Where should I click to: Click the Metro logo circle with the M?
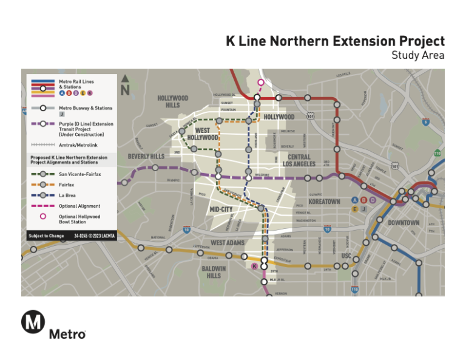[33, 322]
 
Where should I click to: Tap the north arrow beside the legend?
[126, 86]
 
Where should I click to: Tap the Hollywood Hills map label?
[173, 101]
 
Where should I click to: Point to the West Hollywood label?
[206, 134]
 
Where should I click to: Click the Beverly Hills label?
[146, 157]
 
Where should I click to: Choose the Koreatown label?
[324, 201]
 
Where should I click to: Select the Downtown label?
[404, 223]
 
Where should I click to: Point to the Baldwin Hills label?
[214, 271]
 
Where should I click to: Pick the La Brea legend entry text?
[67, 195]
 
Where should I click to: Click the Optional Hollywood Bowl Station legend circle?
[42, 217]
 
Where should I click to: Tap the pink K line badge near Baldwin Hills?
[254, 267]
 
